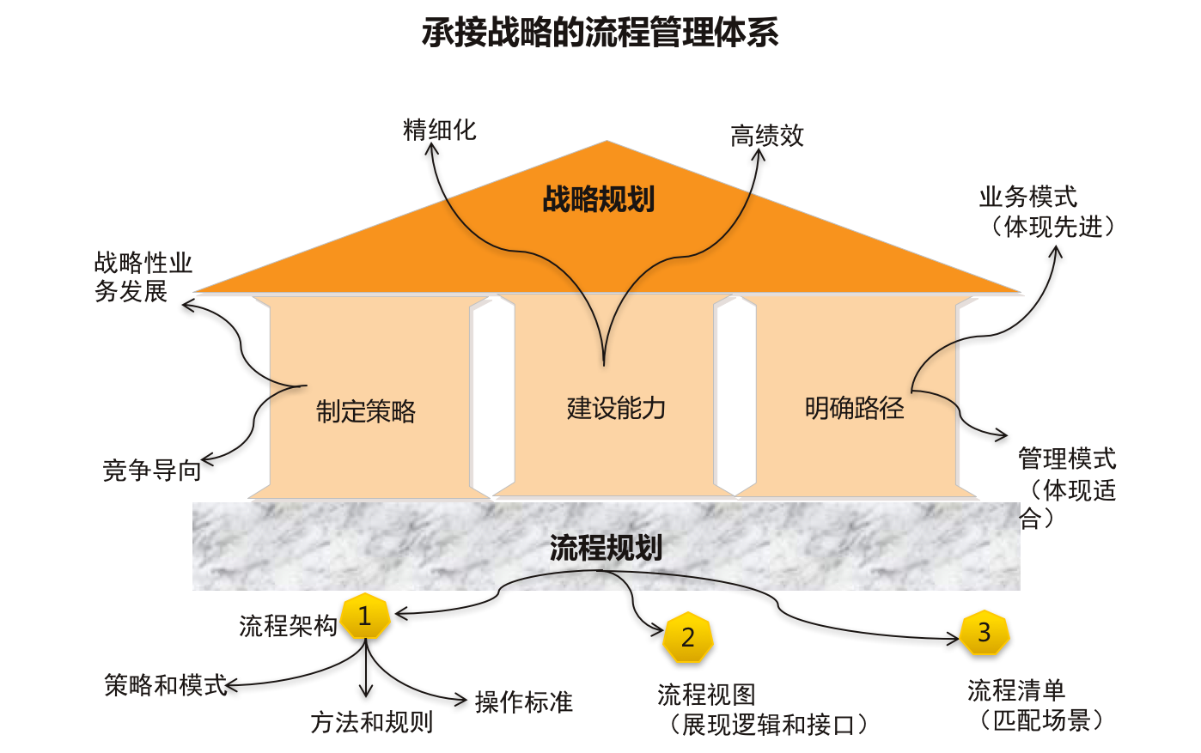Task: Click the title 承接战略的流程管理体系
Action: point(600,33)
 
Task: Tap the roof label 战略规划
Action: point(599,199)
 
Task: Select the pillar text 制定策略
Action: point(366,412)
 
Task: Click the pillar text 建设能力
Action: point(616,408)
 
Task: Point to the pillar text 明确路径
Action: point(854,408)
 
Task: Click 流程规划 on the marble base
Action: point(606,548)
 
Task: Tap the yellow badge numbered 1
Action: point(365,616)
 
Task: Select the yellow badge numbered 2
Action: point(687,638)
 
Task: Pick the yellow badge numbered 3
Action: point(985,633)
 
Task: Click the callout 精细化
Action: point(439,131)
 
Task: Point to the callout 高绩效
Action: point(767,136)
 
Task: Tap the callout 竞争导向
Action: point(152,471)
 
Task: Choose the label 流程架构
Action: point(288,626)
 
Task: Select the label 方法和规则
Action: point(372,722)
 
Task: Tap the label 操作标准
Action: point(523,702)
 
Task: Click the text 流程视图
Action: point(706,694)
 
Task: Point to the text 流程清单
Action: point(1016,690)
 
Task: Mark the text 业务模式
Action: point(1027,197)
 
